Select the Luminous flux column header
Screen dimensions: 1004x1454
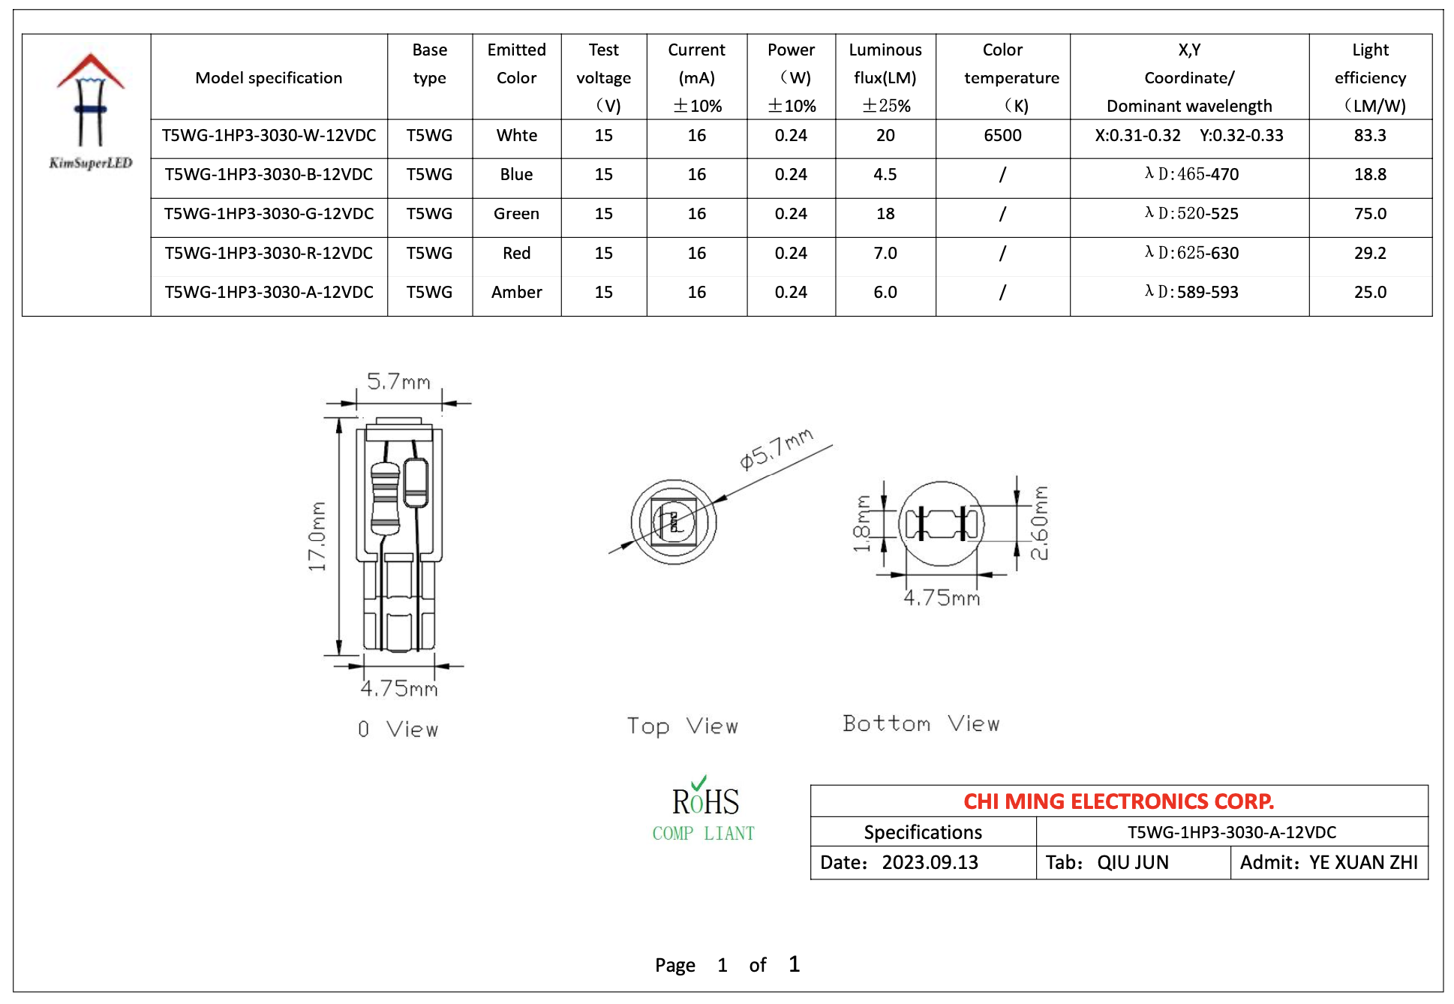(885, 77)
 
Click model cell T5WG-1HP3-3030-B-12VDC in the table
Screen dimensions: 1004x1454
(269, 175)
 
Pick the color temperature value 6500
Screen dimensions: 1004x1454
(1002, 136)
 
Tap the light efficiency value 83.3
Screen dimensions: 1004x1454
(1369, 136)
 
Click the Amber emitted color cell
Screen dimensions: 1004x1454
(516, 293)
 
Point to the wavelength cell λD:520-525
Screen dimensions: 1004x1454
(1191, 214)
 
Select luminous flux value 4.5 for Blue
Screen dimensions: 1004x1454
(885, 175)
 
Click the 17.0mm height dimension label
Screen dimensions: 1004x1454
(317, 536)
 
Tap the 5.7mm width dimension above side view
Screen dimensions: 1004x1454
(398, 382)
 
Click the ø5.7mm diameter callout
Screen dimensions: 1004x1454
(776, 449)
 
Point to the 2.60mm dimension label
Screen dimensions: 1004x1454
(1039, 523)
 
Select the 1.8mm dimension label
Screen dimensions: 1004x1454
(862, 523)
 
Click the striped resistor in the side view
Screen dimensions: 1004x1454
(385, 497)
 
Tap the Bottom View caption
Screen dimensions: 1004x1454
(921, 723)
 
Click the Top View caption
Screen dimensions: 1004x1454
(682, 726)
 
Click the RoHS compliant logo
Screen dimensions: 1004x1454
(704, 810)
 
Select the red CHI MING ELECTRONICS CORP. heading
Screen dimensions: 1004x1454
(1118, 801)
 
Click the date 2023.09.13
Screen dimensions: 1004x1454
(930, 863)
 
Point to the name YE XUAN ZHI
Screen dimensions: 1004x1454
(1362, 863)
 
